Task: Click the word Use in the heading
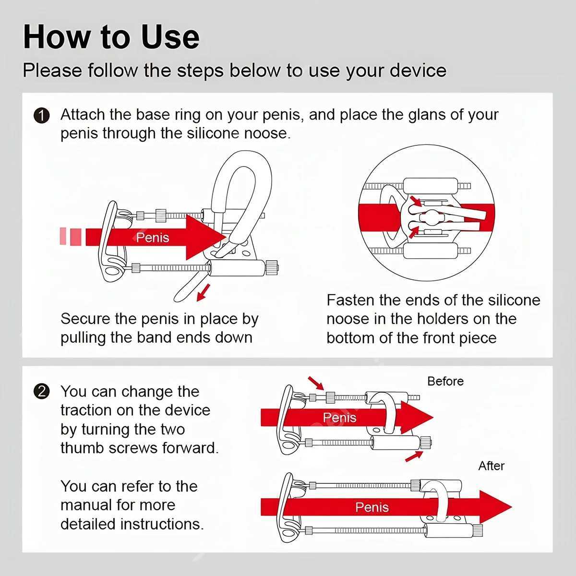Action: click(x=170, y=37)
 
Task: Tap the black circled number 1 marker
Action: click(x=42, y=116)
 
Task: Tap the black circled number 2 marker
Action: click(x=42, y=392)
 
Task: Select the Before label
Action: click(x=445, y=381)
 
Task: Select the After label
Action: click(x=491, y=466)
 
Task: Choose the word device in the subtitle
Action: click(x=418, y=71)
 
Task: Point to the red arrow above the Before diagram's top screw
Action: click(x=315, y=383)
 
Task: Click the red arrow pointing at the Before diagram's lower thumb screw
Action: click(x=413, y=456)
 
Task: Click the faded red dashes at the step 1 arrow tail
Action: click(x=70, y=237)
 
